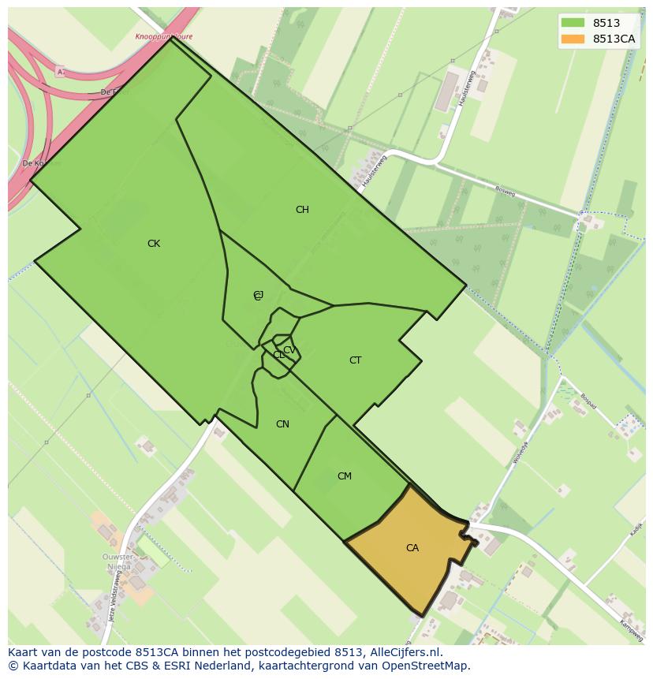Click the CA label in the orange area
tap(412, 548)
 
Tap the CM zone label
tap(345, 476)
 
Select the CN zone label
tap(282, 424)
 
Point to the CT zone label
tap(356, 360)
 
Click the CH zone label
tap(302, 210)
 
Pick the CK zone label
tap(154, 244)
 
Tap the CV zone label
tap(289, 350)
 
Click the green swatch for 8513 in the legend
tap(573, 23)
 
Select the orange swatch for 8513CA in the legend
tap(573, 39)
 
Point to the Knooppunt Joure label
tap(163, 37)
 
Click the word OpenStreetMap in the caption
tap(427, 666)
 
